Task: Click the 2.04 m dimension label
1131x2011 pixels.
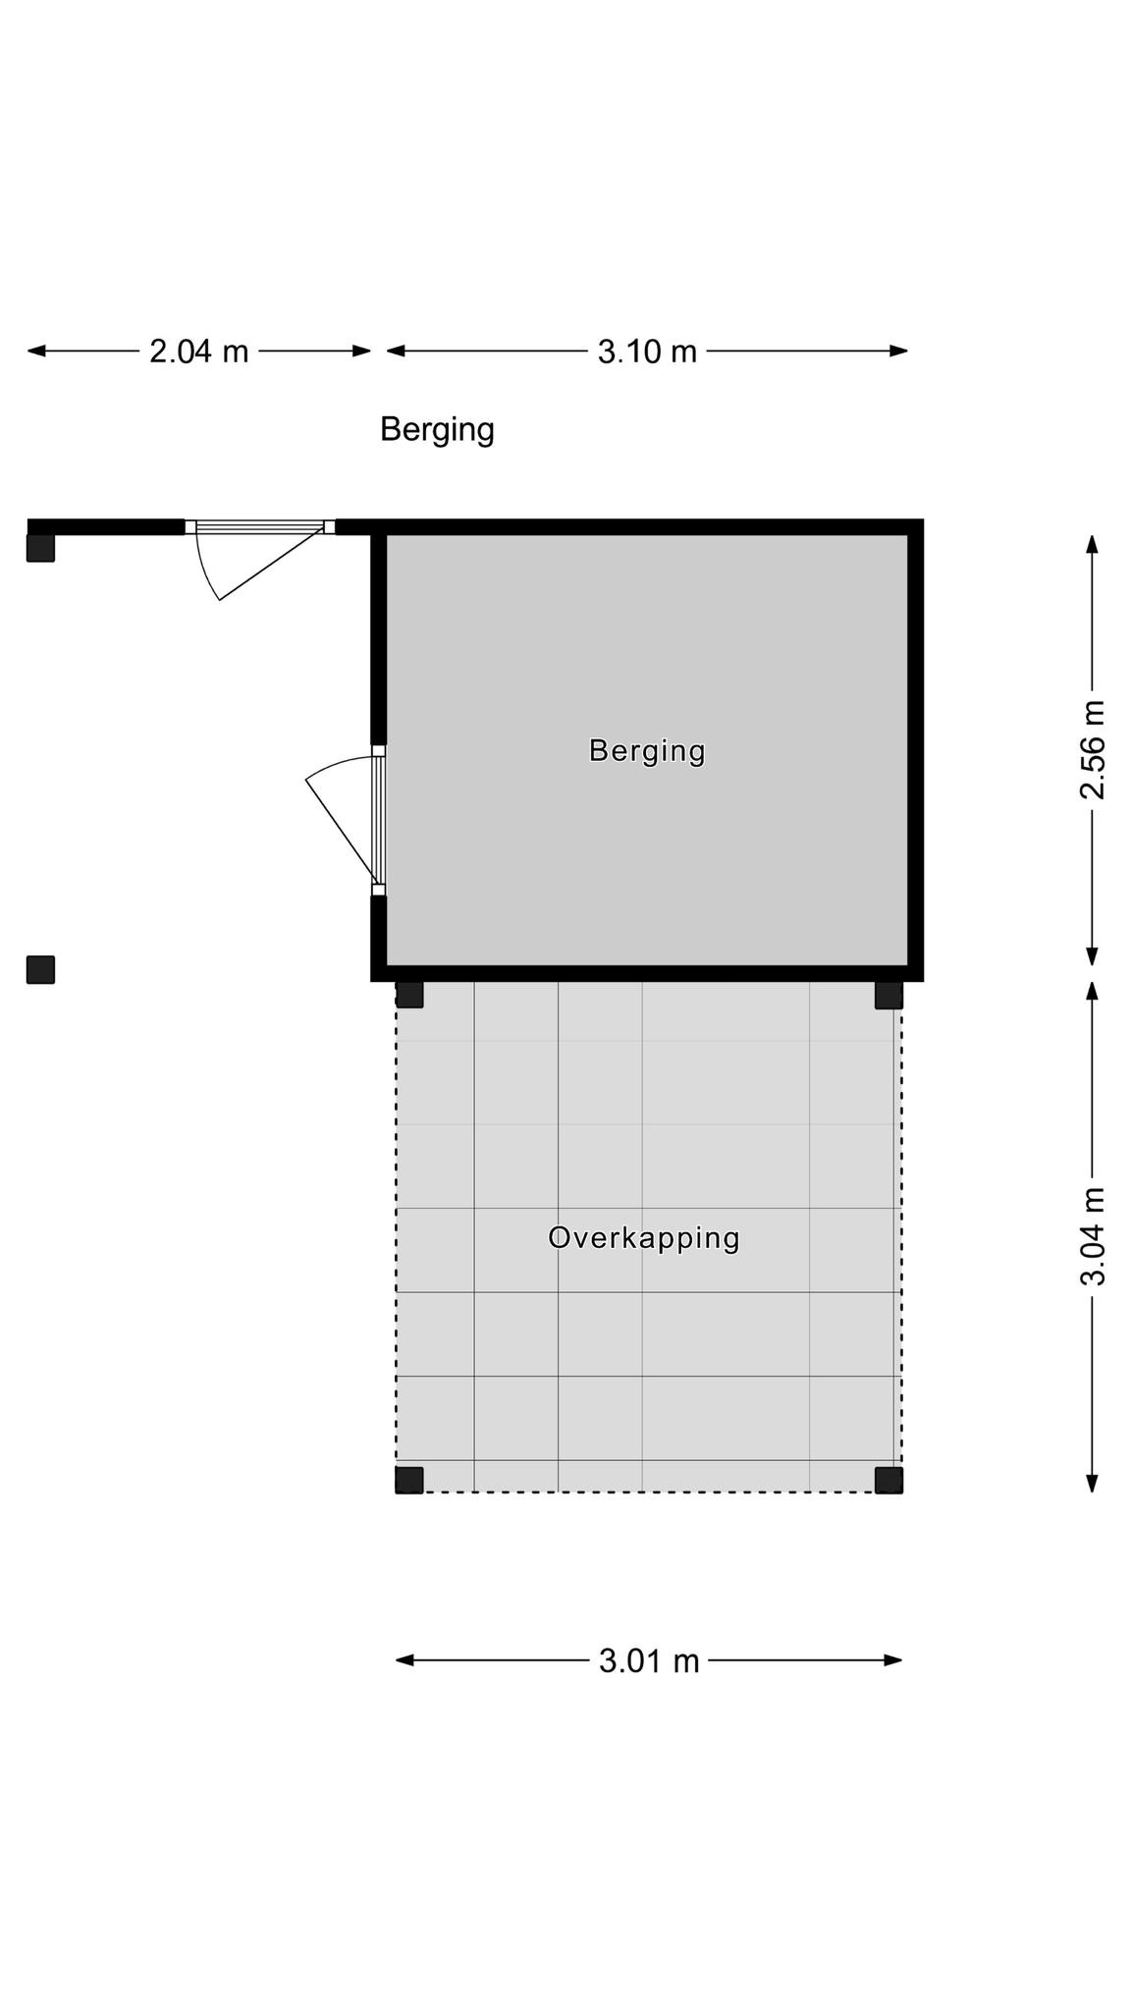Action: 199,351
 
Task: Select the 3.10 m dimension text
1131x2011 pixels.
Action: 647,351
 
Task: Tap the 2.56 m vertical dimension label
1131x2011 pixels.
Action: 1093,750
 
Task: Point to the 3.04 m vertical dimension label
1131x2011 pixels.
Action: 1093,1236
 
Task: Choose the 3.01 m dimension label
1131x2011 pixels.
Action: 649,1660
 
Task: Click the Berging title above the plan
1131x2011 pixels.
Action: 437,430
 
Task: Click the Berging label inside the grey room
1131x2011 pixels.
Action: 647,751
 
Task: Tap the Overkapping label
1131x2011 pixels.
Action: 644,1237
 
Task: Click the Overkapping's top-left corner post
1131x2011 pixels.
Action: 409,994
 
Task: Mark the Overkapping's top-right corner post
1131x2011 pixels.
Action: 889,994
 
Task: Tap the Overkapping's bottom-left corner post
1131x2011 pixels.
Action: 409,1480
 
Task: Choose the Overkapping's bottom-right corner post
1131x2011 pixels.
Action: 889,1480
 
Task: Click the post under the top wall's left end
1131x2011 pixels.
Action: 40,548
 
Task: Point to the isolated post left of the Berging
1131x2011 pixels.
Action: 40,969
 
